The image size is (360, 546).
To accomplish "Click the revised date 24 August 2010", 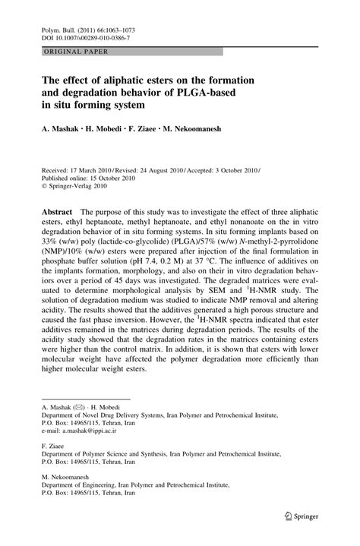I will point(184,172).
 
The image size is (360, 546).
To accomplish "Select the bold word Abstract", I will point(56,209).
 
